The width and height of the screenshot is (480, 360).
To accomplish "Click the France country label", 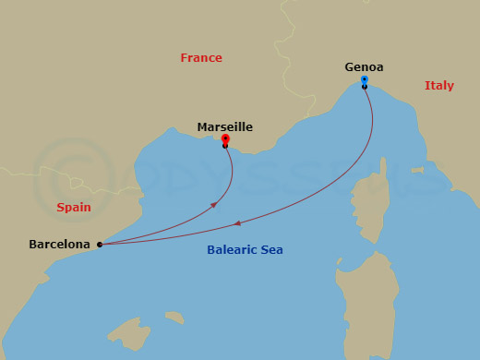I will point(201,58).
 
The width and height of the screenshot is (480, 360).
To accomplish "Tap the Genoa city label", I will point(364,67).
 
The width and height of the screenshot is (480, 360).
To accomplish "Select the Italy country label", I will point(438,86).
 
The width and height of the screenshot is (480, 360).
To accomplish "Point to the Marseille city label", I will point(224,127).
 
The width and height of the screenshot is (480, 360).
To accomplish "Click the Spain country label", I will point(73,208).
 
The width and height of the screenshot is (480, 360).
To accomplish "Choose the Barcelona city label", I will point(59,245).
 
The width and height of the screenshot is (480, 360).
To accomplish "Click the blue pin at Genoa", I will point(365,80).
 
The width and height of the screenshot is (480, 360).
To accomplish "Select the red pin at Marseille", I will point(225,139).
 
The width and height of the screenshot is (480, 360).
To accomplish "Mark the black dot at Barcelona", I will point(100,245).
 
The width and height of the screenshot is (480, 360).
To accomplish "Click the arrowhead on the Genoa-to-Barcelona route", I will point(239,222).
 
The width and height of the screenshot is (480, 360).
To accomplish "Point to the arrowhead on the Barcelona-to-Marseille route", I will point(215,204).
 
